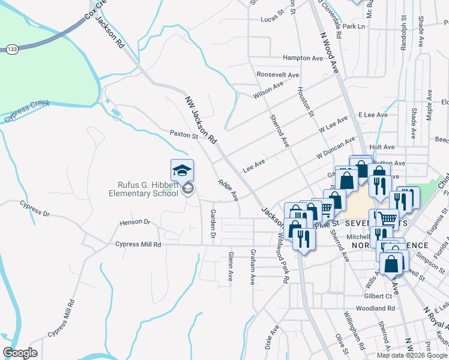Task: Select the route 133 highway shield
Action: point(12,49)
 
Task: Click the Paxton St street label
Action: point(184,134)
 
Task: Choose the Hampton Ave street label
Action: point(303,58)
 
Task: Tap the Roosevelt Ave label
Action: point(277,75)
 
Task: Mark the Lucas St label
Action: point(271,19)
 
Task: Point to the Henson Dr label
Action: point(134,222)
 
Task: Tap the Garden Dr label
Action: point(212,222)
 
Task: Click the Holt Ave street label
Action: point(382,147)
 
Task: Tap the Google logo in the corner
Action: point(20,353)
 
